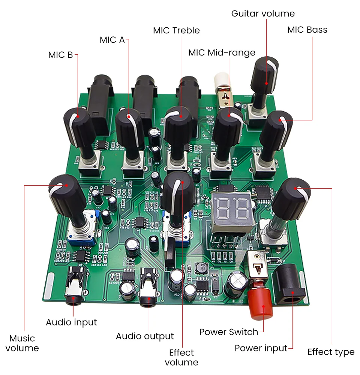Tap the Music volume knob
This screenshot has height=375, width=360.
click(x=66, y=191)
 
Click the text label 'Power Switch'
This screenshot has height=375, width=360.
click(x=229, y=332)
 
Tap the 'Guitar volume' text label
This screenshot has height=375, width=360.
click(x=263, y=14)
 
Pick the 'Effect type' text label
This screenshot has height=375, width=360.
click(x=331, y=352)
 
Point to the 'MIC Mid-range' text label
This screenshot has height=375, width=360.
click(x=222, y=53)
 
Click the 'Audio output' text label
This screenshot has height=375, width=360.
click(x=145, y=336)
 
